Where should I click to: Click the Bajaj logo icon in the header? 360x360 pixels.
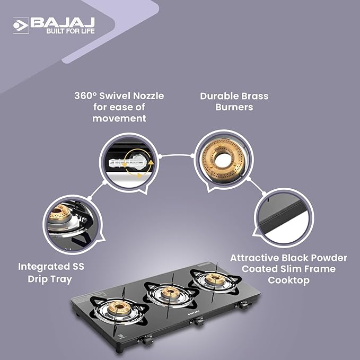click(x=21, y=25)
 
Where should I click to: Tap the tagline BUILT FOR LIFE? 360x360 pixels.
click(x=71, y=31)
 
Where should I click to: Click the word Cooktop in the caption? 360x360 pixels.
click(x=288, y=280)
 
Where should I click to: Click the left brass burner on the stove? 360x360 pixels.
click(x=119, y=308)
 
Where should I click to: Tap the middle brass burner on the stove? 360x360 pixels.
click(x=170, y=292)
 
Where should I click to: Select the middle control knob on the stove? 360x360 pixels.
click(x=197, y=321)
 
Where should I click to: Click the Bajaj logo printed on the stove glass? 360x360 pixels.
click(x=194, y=312)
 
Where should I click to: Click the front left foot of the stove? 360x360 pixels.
click(x=119, y=350)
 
